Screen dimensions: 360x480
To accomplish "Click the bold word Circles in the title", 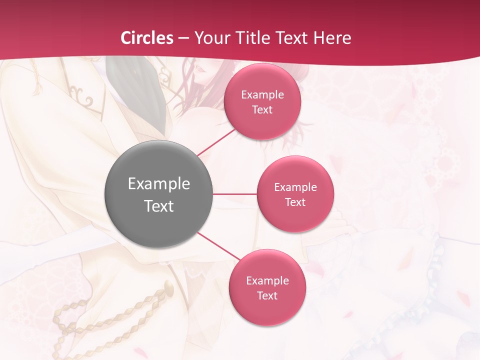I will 147,37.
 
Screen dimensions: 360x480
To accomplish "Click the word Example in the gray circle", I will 158,184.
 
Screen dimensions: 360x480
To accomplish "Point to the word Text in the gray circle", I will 158,206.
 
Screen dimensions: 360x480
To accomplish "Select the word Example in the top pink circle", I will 262,94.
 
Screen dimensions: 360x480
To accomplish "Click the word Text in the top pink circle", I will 262,109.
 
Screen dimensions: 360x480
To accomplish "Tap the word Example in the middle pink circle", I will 295,187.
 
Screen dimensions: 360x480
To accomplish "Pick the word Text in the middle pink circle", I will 295,202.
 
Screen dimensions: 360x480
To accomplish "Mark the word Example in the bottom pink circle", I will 267,280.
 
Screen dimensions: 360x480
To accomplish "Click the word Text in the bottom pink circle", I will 267,295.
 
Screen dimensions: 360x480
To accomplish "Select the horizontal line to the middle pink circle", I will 234,193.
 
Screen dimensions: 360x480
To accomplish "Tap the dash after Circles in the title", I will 183,38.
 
